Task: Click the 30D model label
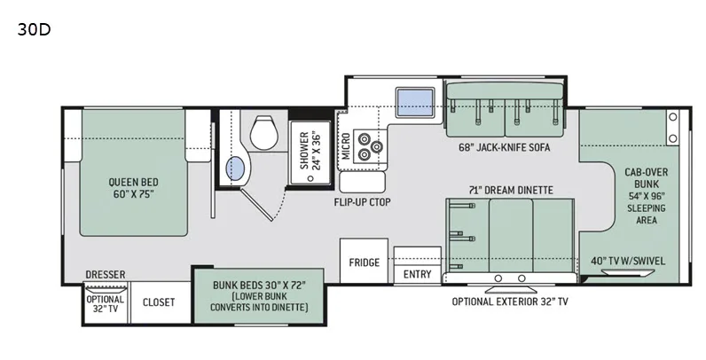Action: click(x=34, y=29)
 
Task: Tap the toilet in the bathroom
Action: click(x=263, y=132)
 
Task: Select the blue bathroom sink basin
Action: click(x=234, y=169)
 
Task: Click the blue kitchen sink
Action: click(x=415, y=102)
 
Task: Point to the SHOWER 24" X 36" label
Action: click(x=310, y=151)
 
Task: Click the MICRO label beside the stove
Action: click(x=346, y=145)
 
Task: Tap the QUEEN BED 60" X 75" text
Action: click(x=133, y=188)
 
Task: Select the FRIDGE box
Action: click(x=364, y=261)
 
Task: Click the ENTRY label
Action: click(x=417, y=274)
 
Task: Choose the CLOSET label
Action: click(x=159, y=302)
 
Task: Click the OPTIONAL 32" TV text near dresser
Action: click(x=105, y=304)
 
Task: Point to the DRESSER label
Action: click(x=106, y=275)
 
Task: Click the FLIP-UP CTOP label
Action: click(x=362, y=202)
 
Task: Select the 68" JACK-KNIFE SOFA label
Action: click(x=505, y=147)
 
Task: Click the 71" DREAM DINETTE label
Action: click(x=510, y=191)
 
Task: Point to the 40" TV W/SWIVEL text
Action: click(x=628, y=261)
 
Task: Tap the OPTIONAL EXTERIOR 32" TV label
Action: click(x=510, y=301)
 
